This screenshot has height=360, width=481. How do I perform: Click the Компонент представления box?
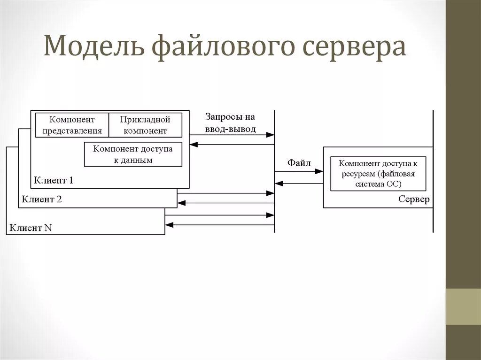coord(72,125)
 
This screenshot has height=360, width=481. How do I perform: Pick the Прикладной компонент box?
coord(145,125)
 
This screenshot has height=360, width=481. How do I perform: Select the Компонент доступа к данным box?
coord(133,154)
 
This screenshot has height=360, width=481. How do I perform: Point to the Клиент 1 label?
coord(54,180)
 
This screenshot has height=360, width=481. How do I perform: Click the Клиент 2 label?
coord(42,199)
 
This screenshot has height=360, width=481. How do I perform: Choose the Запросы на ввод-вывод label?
coord(230,123)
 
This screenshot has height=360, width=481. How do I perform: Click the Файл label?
coord(299,163)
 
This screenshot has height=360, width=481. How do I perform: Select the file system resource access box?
coord(378,174)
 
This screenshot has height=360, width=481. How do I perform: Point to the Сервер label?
coord(413,199)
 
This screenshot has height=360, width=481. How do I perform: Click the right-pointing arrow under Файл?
coord(299,172)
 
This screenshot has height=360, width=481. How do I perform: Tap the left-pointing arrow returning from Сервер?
coord(299,184)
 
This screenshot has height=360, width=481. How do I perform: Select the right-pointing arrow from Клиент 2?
coord(225,193)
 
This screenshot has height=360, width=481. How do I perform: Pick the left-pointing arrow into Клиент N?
coord(219,225)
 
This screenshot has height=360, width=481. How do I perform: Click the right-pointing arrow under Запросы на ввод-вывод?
coord(232,135)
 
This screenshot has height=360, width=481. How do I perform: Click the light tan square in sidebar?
coord(463,306)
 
